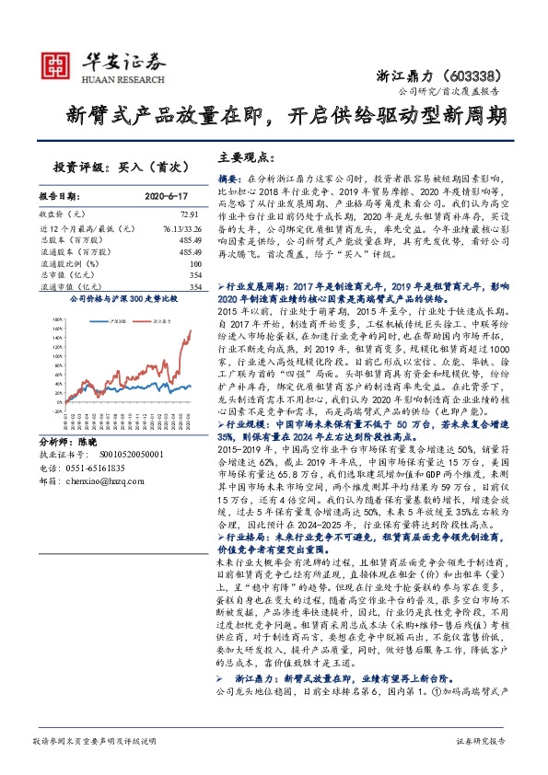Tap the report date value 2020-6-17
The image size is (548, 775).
pos(167,196)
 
